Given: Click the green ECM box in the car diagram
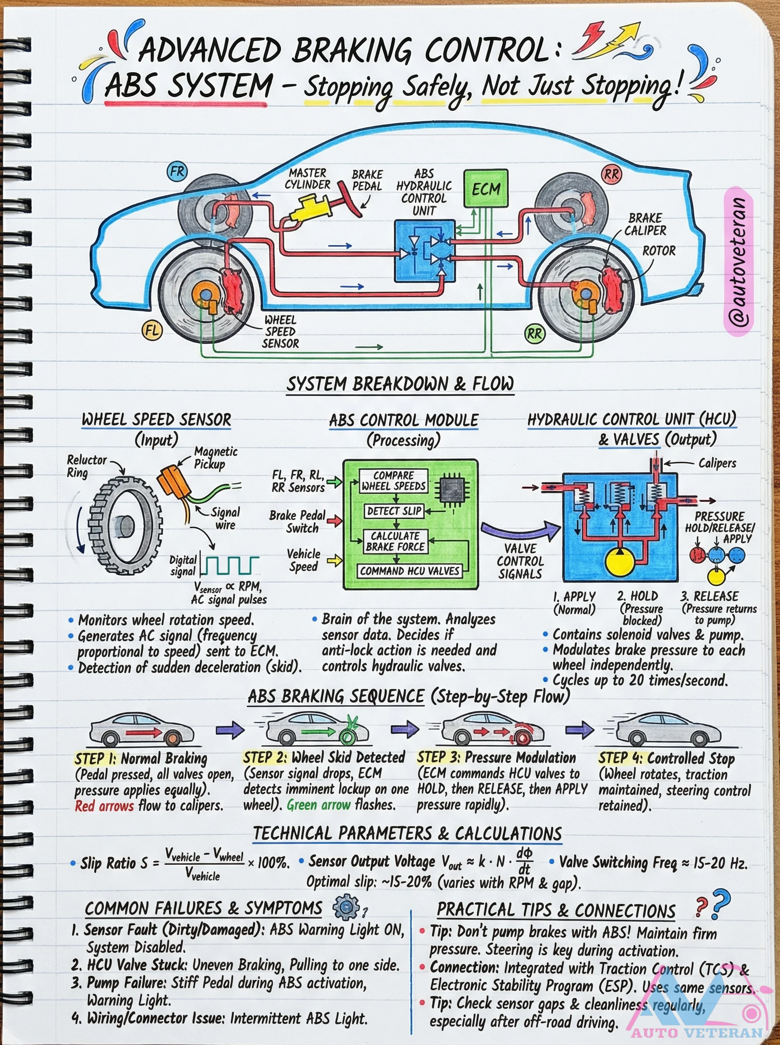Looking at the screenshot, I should click(x=486, y=188).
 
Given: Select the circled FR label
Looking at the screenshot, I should click(x=177, y=172).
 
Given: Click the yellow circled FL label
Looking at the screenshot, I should click(x=151, y=330).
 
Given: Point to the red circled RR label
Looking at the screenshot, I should click(x=611, y=174).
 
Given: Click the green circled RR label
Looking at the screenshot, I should click(x=535, y=334).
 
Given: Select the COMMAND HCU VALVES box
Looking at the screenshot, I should click(x=409, y=571).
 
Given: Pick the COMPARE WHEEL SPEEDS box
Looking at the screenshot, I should click(x=393, y=481).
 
